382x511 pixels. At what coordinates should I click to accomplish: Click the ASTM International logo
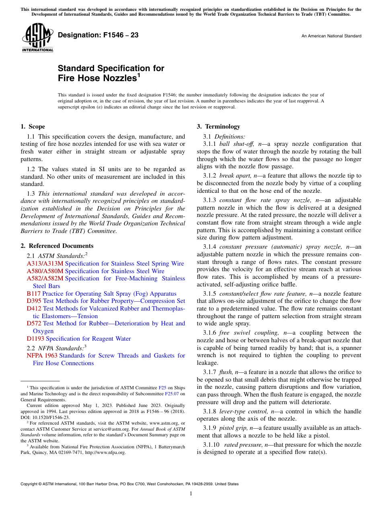(x=37, y=37)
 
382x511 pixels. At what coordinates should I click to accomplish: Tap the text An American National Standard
(x=331, y=36)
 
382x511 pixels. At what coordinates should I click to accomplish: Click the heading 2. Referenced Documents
(x=57, y=246)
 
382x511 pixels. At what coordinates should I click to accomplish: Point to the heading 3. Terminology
(x=218, y=127)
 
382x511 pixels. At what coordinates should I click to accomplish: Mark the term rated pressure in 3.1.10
(x=243, y=445)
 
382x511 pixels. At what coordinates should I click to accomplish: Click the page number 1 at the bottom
(x=191, y=494)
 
